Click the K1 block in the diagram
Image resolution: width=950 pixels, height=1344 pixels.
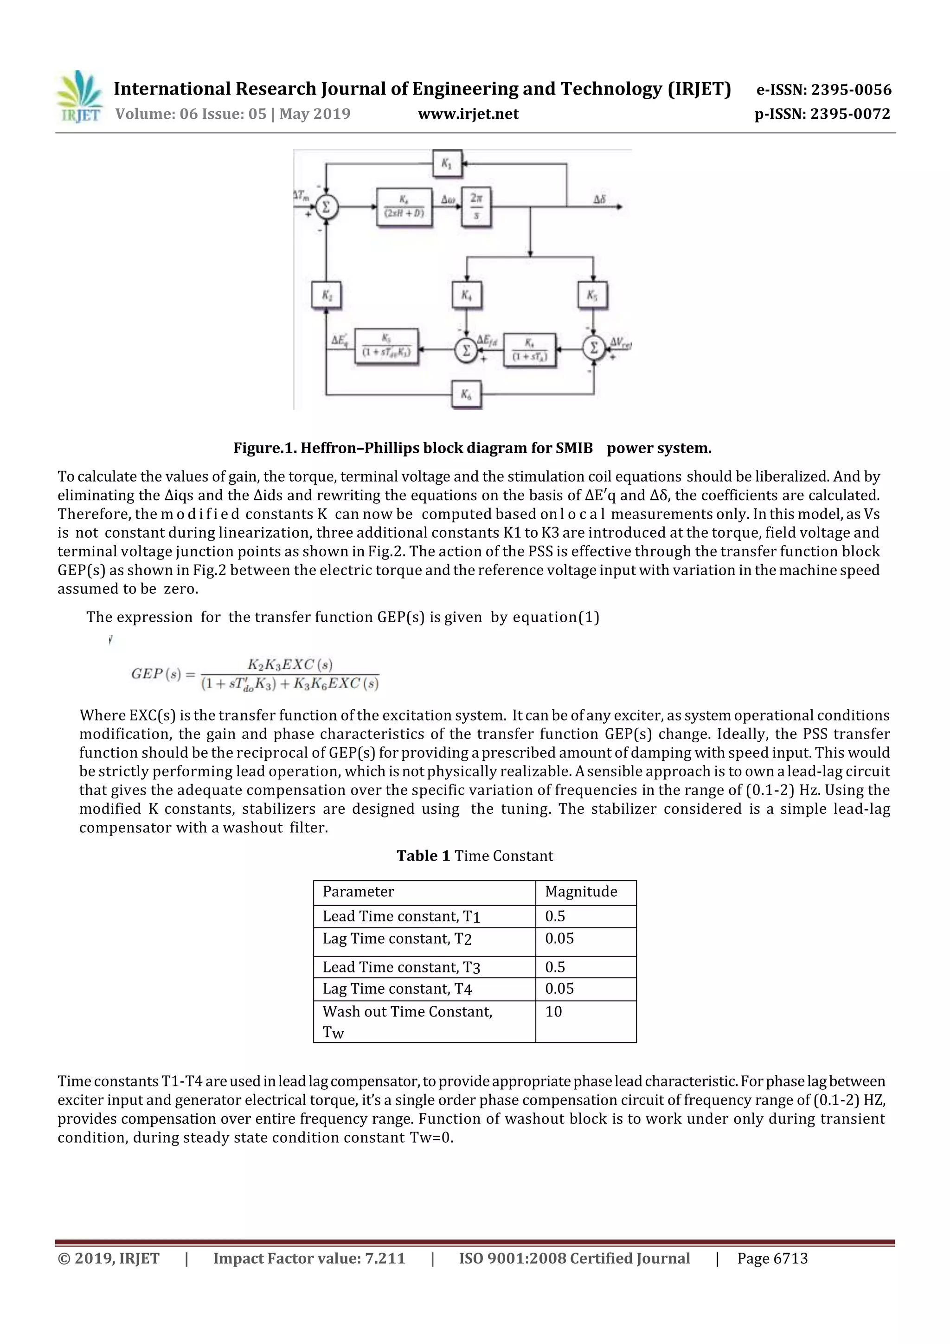tap(447, 163)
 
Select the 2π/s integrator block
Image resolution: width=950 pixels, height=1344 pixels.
tap(476, 206)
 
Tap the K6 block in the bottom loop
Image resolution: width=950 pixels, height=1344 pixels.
tap(466, 394)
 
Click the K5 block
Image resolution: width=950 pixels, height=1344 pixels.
tap(592, 295)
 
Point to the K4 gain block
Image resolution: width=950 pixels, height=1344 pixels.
tap(467, 295)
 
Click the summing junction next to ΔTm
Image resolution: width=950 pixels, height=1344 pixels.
tap(327, 206)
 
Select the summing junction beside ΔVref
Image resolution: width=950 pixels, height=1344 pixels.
tap(594, 348)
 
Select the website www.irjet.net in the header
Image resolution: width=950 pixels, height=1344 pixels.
tap(468, 114)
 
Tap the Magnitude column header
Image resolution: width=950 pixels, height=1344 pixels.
tap(581, 892)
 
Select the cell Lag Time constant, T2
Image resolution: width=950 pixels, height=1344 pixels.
tap(397, 939)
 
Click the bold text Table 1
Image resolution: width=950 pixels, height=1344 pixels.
tap(423, 856)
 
